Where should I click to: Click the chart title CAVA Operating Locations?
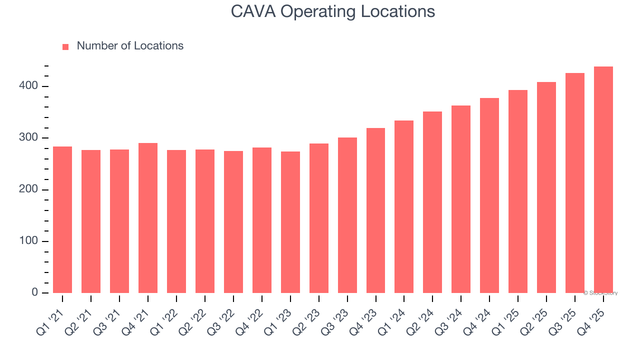333,11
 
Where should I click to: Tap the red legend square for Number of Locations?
65,47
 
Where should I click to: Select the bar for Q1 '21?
62,219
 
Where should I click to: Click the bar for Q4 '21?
148,218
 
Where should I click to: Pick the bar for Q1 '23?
290,222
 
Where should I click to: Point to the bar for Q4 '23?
376,210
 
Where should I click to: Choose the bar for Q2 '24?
432,202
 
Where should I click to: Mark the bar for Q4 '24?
489,195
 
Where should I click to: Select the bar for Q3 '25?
575,183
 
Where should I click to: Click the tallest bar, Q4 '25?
603,179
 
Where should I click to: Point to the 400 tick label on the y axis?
28,86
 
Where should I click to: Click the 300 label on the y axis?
28,138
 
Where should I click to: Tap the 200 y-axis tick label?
28,189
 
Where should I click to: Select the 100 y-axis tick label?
28,241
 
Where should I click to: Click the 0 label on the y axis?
35,292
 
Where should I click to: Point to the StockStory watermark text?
600,293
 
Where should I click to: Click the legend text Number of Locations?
130,46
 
